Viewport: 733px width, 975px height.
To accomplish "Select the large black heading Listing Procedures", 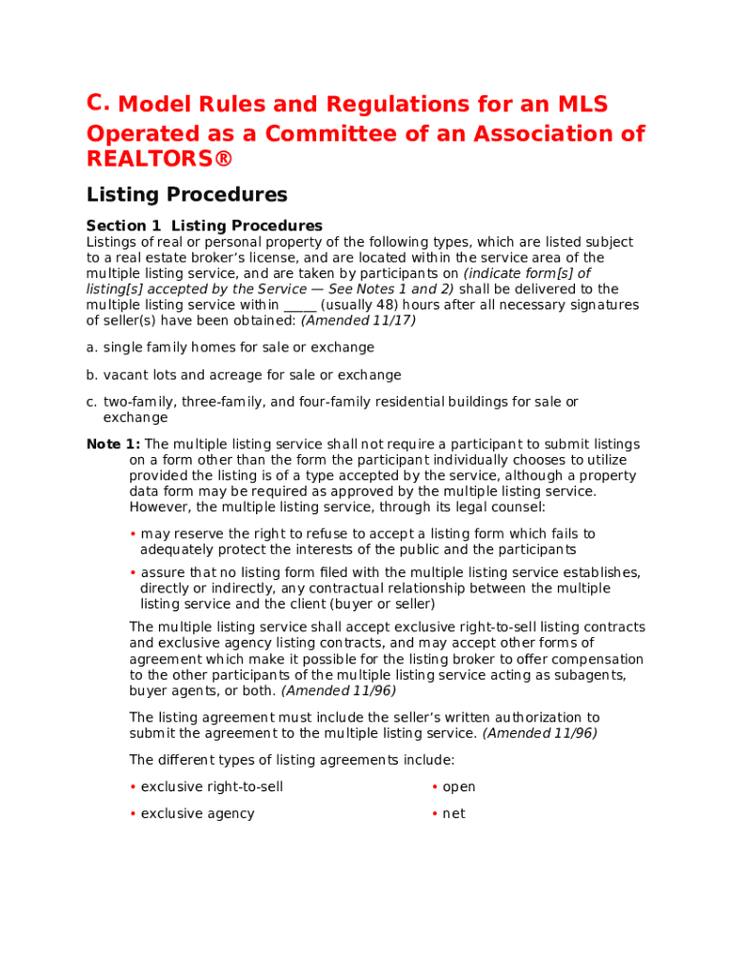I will point(187,195).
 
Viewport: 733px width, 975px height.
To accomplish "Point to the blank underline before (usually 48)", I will point(300,305).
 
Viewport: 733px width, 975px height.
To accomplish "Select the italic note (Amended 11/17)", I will point(358,321).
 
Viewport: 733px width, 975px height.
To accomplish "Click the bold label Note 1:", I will point(113,445).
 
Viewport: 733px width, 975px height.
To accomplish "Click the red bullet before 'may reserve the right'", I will point(133,534).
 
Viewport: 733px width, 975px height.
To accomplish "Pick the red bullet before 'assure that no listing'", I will point(133,573).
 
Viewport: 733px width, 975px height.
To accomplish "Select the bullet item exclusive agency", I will point(197,814).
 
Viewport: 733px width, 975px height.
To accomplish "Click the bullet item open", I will point(459,787).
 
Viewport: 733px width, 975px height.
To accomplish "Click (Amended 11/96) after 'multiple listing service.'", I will point(540,733).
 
